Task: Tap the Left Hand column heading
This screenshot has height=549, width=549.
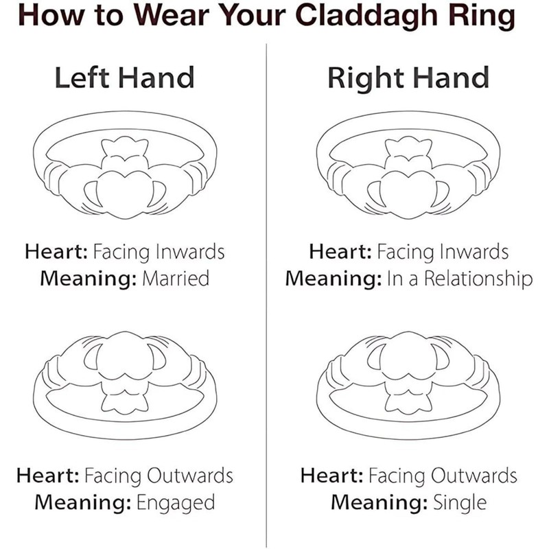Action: pyautogui.click(x=124, y=78)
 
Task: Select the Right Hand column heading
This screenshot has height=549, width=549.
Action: pyautogui.click(x=408, y=78)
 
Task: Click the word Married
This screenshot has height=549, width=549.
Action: pyautogui.click(x=176, y=279)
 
